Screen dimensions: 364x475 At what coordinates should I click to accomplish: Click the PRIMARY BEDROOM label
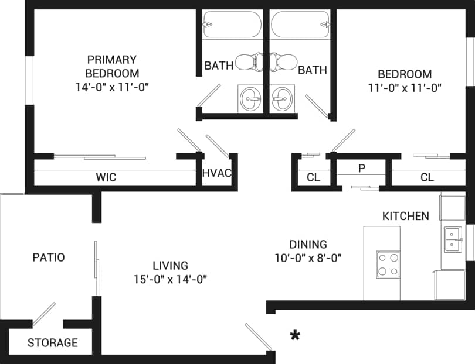coord(112,66)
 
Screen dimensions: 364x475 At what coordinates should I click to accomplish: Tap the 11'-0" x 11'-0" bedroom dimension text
coord(405,88)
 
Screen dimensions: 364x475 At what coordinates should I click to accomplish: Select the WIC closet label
coord(106,177)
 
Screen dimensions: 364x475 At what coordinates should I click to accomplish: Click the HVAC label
coord(217,173)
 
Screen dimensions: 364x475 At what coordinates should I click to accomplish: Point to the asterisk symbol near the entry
coord(296,335)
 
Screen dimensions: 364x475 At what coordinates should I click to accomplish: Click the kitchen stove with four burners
coord(388,263)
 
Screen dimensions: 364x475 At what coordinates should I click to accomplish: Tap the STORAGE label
coord(52,343)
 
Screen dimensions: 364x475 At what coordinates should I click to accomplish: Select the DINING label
coord(308,245)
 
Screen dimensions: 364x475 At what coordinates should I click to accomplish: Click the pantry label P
coord(362,168)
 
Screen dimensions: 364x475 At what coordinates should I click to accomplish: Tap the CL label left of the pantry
coord(313,178)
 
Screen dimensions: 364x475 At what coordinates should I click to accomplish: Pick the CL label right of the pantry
coord(427,178)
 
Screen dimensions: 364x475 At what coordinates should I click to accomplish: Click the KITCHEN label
coord(405,216)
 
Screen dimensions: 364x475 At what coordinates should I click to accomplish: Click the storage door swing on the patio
coord(44,314)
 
